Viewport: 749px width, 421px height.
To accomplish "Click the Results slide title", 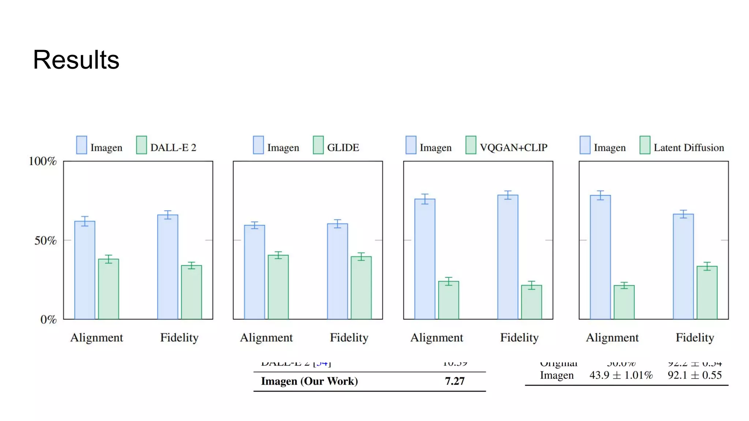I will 76,60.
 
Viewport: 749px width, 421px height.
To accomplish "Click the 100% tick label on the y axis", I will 42,161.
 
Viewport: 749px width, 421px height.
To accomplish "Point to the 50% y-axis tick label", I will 45,240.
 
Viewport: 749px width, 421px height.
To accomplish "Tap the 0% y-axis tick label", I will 48,319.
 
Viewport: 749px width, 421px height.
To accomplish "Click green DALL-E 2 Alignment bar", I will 109,289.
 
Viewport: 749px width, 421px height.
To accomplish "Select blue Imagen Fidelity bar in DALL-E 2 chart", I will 168,267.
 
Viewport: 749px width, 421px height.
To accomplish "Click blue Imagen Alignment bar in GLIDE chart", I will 255,272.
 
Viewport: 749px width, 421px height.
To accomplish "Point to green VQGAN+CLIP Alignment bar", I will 449,300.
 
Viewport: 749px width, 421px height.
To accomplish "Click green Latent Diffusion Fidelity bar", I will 707,292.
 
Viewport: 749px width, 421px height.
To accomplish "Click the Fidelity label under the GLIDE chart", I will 349,337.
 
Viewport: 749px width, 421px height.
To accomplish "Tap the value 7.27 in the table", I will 455,381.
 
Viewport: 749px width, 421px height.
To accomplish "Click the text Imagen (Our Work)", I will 309,381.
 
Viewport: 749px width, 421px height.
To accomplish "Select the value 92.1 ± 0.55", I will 695,375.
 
